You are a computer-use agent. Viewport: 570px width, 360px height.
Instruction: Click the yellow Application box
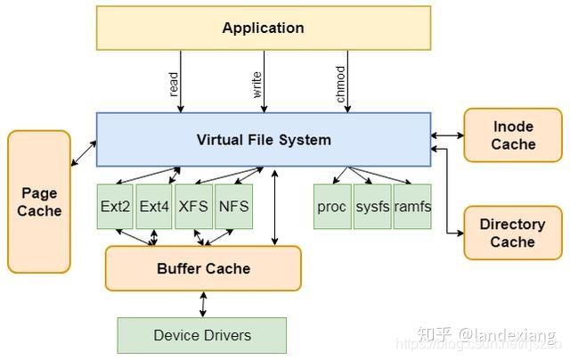(263, 28)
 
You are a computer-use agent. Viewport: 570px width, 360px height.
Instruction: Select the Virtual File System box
(263, 139)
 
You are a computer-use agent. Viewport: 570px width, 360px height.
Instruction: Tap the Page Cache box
(39, 201)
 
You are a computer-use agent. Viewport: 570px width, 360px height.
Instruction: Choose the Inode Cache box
(512, 135)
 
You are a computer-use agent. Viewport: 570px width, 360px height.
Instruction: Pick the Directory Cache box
(512, 233)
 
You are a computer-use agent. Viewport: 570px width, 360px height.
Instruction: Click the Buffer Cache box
(203, 268)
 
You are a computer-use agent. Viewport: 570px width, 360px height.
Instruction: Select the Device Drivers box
(202, 335)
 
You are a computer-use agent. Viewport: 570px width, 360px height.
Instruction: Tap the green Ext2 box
(116, 206)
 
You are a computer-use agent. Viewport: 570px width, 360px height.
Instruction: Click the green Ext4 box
(154, 206)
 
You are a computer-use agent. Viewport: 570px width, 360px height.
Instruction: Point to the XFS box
(193, 206)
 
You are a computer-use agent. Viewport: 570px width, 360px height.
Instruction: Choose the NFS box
(233, 206)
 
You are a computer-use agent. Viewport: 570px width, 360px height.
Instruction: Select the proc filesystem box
(331, 206)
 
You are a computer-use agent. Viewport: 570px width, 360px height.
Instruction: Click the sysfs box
(372, 206)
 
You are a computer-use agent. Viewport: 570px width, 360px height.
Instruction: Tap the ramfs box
(412, 206)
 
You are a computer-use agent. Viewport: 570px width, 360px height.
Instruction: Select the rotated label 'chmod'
(340, 84)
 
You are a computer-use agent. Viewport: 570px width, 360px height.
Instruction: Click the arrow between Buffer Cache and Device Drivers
(203, 304)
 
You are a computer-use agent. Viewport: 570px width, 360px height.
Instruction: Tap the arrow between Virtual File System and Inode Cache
(447, 135)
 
